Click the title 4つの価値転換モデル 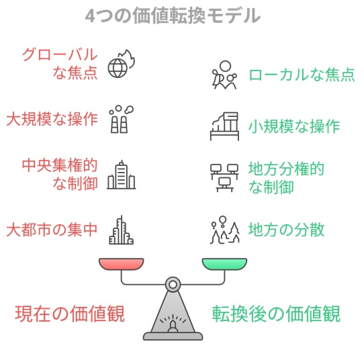tap(173, 15)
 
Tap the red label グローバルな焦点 tap(60, 64)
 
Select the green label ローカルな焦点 tap(302, 75)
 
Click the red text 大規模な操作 tap(52, 119)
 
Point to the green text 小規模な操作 tap(294, 126)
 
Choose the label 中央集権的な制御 tap(60, 174)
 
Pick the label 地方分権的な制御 tap(286, 178)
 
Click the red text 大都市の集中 tap(52, 230)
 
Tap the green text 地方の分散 tap(286, 230)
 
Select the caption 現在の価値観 tap(70, 314)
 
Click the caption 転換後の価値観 tap(276, 314)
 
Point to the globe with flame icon tap(122, 64)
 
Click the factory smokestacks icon tap(121, 120)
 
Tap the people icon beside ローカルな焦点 tap(224, 75)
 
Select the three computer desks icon tap(224, 178)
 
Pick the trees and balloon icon tap(224, 230)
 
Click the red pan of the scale tap(122, 264)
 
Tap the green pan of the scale tap(224, 264)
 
